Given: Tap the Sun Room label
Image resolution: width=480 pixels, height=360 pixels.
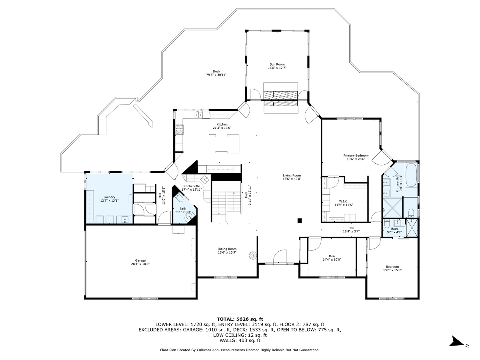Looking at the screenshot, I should (x=277, y=64).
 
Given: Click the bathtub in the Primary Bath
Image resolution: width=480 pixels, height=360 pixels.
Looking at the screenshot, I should (x=410, y=174).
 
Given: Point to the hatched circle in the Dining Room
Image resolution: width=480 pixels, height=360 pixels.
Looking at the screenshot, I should (x=252, y=255).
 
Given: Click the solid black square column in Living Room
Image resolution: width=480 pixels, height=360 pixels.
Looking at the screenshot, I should (x=299, y=220).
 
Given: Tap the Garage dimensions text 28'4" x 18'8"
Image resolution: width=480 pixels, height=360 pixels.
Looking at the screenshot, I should (x=140, y=264).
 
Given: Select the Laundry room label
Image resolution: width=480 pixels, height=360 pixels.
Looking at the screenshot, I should (x=109, y=197).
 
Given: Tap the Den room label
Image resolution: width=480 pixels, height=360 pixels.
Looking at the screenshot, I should (x=332, y=256).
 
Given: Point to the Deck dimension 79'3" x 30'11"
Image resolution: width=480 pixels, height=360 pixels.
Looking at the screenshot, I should (x=216, y=75).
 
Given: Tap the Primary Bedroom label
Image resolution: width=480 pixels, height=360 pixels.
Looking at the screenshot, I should (x=356, y=155).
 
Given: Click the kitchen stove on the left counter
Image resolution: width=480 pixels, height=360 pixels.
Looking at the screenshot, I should (x=179, y=129).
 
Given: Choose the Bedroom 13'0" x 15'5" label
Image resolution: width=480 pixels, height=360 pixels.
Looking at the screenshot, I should (x=392, y=267).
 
